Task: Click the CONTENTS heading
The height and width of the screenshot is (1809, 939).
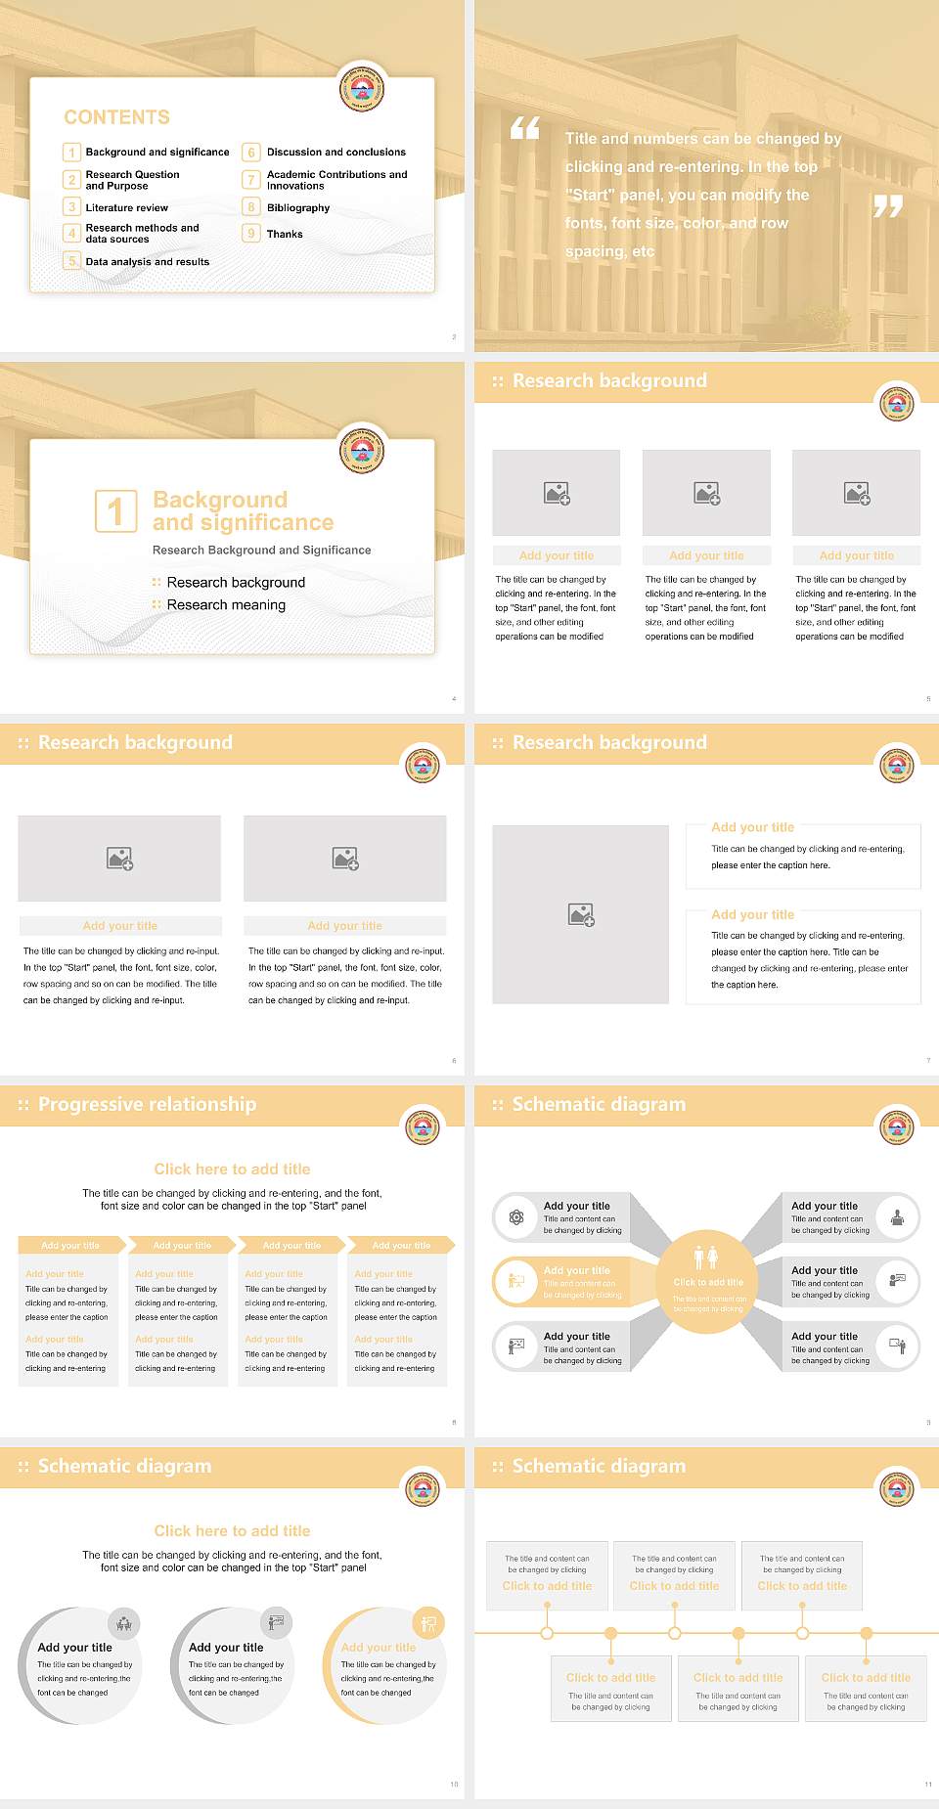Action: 116,117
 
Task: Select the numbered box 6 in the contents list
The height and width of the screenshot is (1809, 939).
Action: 251,153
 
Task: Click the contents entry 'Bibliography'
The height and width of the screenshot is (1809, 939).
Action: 297,208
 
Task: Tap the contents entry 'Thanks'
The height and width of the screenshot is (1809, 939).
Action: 285,235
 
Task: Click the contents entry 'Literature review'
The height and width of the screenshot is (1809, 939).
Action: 126,208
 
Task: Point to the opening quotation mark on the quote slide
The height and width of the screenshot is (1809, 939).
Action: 525,128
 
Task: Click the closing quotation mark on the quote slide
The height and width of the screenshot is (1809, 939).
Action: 887,206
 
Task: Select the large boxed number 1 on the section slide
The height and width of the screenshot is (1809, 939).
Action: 116,510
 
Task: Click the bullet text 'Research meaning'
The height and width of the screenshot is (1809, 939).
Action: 226,605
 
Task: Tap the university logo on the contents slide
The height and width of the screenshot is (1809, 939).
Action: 361,90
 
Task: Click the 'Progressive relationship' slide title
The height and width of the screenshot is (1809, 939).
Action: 147,1104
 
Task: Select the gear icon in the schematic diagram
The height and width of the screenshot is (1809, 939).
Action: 516,1217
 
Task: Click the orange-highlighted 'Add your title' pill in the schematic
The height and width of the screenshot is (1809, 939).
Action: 576,1271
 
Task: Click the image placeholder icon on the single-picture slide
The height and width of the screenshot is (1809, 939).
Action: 581,915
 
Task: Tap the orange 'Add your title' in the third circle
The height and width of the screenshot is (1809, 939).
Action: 378,1648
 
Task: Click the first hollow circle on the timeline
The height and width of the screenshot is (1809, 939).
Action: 547,1633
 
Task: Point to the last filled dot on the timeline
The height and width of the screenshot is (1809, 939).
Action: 866,1633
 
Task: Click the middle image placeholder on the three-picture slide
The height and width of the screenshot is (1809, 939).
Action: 706,493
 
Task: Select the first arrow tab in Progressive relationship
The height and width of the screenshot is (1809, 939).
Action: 70,1245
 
